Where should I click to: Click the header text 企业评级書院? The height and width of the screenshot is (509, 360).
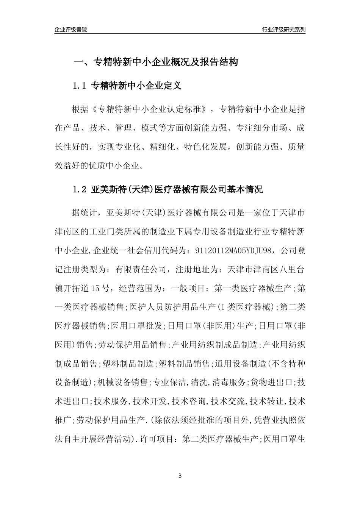click(x=71, y=30)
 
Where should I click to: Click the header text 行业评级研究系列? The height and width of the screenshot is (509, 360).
click(x=283, y=30)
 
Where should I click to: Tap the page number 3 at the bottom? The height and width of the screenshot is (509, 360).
click(x=180, y=476)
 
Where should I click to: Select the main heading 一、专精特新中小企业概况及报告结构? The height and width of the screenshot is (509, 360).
click(x=155, y=62)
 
